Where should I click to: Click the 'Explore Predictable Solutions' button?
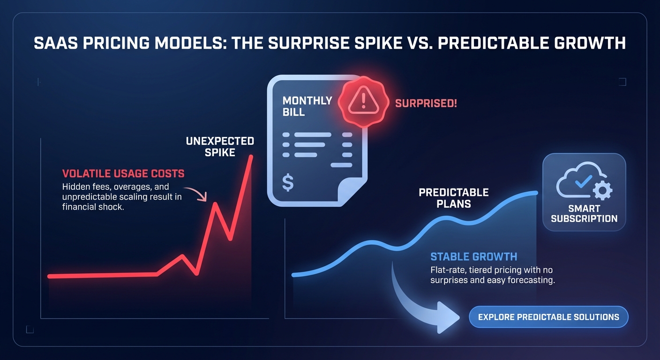click(x=548, y=317)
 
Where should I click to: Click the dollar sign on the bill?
click(x=288, y=183)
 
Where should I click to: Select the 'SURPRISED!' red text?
click(x=426, y=103)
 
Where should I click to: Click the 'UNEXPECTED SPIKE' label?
click(x=220, y=147)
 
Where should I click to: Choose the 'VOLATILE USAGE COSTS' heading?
click(x=123, y=174)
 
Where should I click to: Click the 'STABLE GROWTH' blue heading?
click(x=473, y=256)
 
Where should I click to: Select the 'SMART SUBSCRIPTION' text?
click(x=584, y=214)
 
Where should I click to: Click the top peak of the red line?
click(x=252, y=156)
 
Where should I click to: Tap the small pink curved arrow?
click(x=196, y=194)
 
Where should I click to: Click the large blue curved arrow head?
click(x=448, y=317)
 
